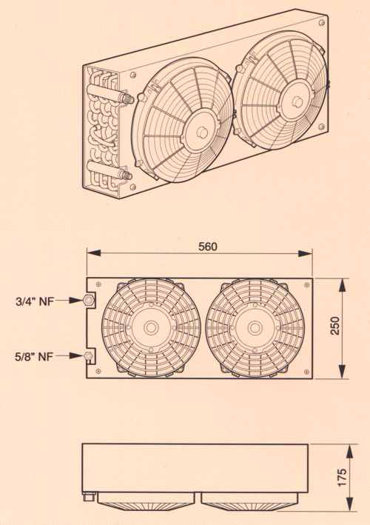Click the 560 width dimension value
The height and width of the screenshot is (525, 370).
[x=208, y=247]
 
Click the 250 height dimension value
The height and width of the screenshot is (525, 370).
[x=335, y=326]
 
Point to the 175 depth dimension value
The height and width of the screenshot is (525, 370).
[x=342, y=477]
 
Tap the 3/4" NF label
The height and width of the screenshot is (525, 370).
[x=35, y=301]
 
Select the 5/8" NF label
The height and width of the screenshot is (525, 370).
[x=34, y=357]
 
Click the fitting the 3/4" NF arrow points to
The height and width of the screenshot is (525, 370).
[x=89, y=300]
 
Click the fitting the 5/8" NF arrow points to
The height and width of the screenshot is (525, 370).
[x=88, y=355]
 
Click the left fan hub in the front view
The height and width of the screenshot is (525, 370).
[x=151, y=328]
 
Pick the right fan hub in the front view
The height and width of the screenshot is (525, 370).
[x=255, y=328]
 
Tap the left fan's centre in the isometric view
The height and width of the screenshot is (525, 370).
[x=203, y=132]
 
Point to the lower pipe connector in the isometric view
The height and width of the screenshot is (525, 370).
[x=127, y=175]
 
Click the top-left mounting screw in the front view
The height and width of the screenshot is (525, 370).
[x=98, y=284]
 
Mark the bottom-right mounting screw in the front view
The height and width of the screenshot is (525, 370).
[x=307, y=371]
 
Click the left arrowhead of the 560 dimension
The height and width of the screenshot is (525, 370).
[x=94, y=253]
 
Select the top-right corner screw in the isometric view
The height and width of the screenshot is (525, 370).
[x=322, y=23]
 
